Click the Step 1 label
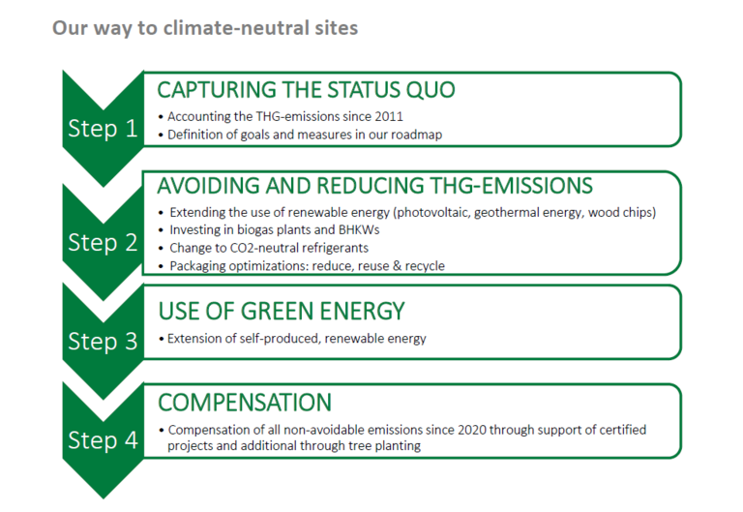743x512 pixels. (103, 128)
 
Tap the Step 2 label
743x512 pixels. (103, 242)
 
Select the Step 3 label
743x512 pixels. (103, 341)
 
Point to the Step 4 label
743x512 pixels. (103, 440)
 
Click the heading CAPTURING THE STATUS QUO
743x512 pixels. (306, 90)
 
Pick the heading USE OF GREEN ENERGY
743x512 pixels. (282, 312)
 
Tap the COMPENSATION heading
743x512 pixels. (245, 403)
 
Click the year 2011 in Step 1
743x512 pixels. (389, 116)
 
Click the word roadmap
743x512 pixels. (417, 135)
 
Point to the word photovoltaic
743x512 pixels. (432, 212)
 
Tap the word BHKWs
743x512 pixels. (359, 230)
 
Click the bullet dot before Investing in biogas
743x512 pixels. (162, 231)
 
